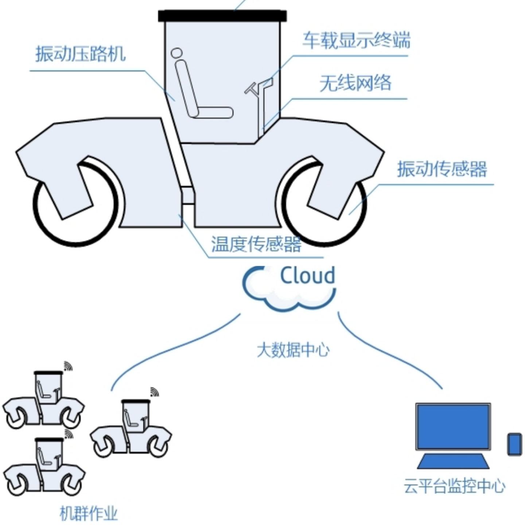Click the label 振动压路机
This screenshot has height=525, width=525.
click(80, 54)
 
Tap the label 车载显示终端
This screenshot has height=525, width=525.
click(356, 40)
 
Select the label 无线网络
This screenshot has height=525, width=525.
click(355, 83)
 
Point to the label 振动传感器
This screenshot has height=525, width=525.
click(442, 169)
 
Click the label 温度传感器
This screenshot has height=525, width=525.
click(256, 244)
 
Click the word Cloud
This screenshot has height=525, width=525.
click(307, 276)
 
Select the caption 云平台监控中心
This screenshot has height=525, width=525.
click(454, 486)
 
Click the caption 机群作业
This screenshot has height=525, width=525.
click(89, 513)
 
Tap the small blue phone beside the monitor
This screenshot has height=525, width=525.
click(514, 444)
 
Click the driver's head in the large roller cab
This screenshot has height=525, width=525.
click(177, 53)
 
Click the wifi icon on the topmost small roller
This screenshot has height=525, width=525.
click(68, 366)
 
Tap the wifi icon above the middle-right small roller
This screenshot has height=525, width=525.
click(155, 392)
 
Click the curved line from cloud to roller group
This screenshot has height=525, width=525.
click(171, 346)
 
